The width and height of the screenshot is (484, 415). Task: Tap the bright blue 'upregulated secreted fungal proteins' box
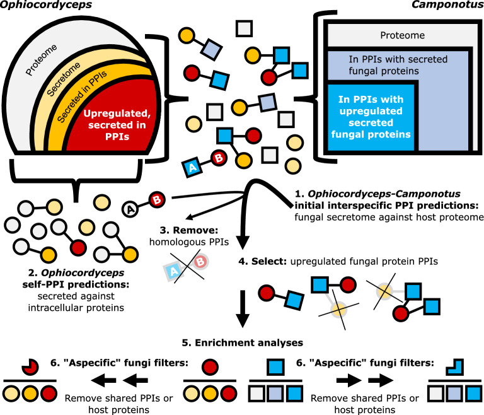click(x=371, y=117)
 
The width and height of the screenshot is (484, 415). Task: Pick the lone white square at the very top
click(x=245, y=28)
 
